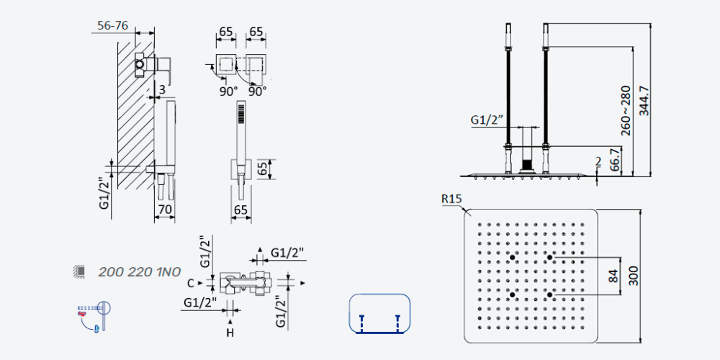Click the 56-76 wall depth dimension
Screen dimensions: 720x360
tap(112, 25)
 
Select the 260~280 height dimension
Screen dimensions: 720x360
tap(626, 111)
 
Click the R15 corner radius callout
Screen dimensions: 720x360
tap(451, 199)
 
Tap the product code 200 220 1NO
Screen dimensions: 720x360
tap(139, 272)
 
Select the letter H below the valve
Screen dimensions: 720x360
tap(230, 333)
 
